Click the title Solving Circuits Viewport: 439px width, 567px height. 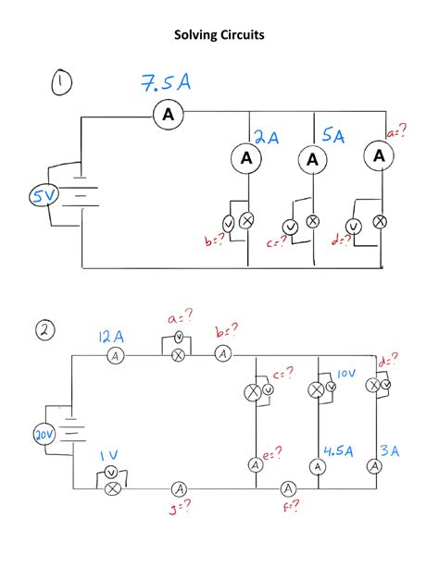219,35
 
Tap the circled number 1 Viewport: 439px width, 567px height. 61,83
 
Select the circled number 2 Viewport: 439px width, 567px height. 45,331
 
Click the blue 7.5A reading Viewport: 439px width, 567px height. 166,83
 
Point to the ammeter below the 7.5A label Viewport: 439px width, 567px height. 168,115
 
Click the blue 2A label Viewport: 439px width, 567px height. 267,138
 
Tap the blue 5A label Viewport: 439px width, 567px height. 332,136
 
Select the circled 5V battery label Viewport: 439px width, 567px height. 44,196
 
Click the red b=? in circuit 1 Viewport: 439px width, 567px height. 215,240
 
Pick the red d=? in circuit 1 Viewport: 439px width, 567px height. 341,240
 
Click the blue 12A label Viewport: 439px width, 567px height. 111,337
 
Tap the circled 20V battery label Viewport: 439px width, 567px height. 44,435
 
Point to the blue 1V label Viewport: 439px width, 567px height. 109,455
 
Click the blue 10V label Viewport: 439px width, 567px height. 346,373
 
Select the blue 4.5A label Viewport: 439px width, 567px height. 338,451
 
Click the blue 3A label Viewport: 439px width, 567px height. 390,451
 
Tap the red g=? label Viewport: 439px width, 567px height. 180,509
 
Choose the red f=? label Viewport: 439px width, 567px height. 292,506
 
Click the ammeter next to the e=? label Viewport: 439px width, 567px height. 256,465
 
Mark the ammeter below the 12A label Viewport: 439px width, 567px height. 116,356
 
